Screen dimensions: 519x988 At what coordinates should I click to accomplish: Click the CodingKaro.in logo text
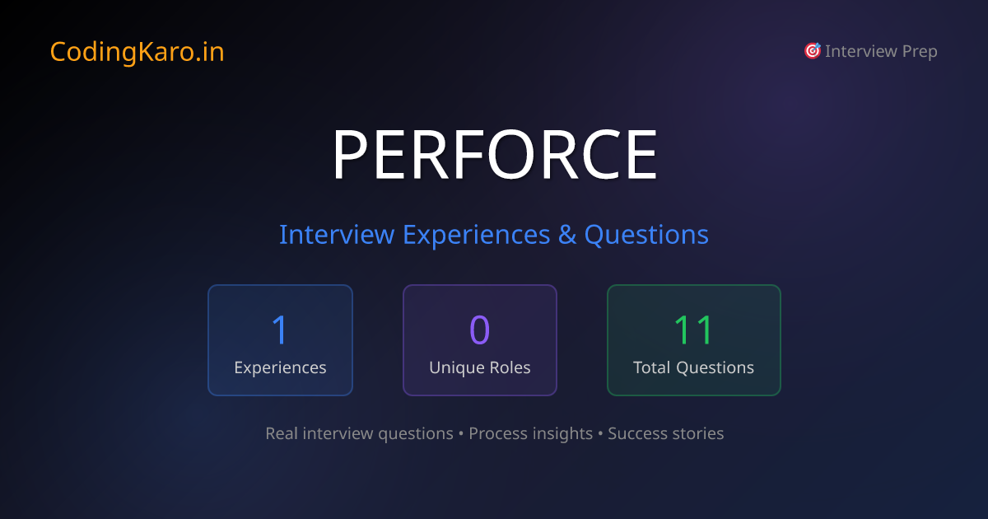point(137,52)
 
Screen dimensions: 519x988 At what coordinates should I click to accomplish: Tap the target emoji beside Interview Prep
point(812,51)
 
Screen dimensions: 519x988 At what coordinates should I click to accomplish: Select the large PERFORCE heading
point(494,155)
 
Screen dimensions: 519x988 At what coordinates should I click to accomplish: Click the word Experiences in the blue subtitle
point(476,235)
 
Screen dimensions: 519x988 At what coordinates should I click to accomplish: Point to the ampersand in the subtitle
point(567,235)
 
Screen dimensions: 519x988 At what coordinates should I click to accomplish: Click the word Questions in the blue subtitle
point(646,235)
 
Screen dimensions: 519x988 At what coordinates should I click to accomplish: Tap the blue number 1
point(280,330)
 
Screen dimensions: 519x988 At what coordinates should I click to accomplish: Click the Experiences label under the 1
point(280,367)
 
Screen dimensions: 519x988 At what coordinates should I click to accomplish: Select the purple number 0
point(479,330)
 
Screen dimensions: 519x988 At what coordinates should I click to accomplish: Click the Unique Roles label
point(479,367)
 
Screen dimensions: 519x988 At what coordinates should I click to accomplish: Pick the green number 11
point(693,330)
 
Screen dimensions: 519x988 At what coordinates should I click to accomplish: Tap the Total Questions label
point(693,367)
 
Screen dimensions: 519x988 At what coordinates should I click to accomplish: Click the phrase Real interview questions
point(359,433)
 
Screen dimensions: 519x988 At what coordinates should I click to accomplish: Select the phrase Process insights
point(530,433)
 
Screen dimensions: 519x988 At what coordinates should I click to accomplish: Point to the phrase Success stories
point(665,433)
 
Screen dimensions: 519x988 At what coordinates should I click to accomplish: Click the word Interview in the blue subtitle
point(337,235)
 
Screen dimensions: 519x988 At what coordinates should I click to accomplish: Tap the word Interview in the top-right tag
point(861,52)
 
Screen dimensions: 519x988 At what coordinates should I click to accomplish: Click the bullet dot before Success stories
point(600,434)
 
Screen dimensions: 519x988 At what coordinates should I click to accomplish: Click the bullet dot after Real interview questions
point(461,434)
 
